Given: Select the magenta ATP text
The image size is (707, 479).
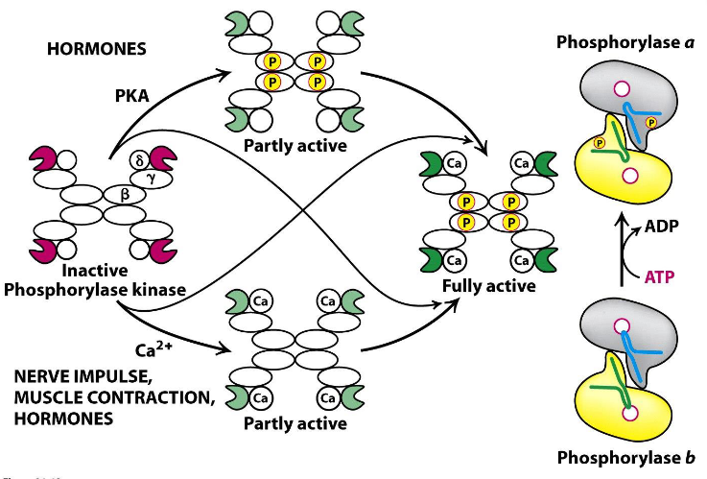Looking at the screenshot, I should [657, 276].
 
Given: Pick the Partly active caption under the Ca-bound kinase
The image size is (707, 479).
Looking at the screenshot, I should [291, 422].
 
